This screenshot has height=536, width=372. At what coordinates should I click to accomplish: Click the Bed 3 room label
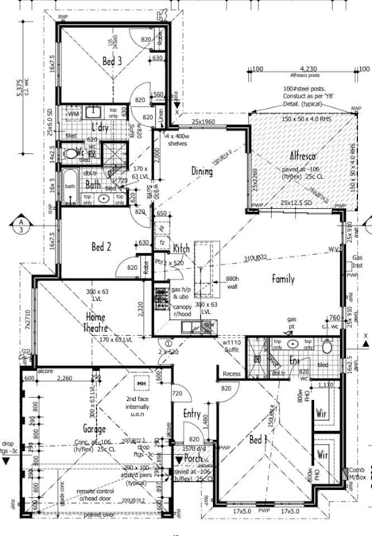click(x=112, y=60)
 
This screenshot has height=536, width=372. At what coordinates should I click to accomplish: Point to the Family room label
click(x=284, y=279)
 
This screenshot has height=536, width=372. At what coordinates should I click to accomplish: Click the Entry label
click(x=192, y=413)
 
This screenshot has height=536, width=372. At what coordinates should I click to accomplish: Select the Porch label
click(x=194, y=459)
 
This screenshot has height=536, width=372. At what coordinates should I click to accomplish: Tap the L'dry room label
click(x=100, y=127)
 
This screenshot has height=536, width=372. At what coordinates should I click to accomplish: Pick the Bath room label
click(x=92, y=184)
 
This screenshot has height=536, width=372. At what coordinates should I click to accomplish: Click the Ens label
click(x=294, y=361)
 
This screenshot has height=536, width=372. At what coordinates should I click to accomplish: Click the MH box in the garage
click(x=142, y=384)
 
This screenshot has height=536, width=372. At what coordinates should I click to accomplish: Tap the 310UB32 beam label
click(x=258, y=258)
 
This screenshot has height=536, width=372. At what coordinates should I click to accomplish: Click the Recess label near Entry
click(x=232, y=372)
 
